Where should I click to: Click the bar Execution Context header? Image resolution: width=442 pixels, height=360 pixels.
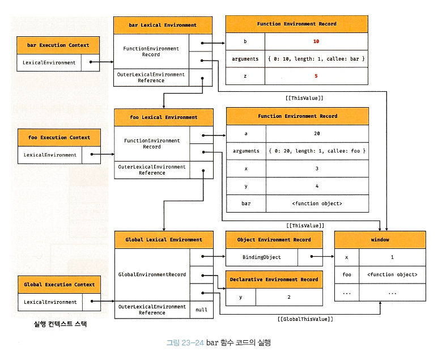click(58, 45)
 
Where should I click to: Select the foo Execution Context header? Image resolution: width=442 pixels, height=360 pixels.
click(59, 137)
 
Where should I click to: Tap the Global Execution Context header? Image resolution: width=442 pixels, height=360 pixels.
click(59, 285)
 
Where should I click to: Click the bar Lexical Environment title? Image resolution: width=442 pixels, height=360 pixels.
click(163, 25)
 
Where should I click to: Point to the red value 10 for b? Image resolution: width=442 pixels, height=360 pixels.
click(316, 41)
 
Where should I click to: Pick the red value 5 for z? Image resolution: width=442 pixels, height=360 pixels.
click(316, 75)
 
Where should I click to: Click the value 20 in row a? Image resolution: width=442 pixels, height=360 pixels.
click(317, 133)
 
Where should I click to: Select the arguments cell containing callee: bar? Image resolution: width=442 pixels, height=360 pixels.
click(316, 58)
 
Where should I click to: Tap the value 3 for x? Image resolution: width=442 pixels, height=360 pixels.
click(317, 168)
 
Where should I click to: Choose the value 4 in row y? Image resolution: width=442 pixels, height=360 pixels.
click(317, 185)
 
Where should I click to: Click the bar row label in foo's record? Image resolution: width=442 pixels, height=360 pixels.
click(245, 203)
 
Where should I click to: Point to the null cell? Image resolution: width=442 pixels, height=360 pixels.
click(202, 310)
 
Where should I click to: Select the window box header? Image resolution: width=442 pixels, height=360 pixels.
click(380, 240)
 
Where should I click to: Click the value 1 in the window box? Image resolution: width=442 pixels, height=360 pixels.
click(392, 257)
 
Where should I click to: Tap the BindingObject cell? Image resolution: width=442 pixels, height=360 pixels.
click(261, 257)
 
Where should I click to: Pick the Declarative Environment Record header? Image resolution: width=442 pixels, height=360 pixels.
click(274, 279)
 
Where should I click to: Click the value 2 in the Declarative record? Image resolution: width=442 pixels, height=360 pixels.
click(289, 297)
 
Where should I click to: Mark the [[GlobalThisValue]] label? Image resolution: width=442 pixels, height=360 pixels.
click(305, 319)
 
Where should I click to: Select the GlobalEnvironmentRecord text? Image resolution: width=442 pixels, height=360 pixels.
click(152, 274)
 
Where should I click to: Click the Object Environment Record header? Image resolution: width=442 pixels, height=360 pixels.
click(274, 240)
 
